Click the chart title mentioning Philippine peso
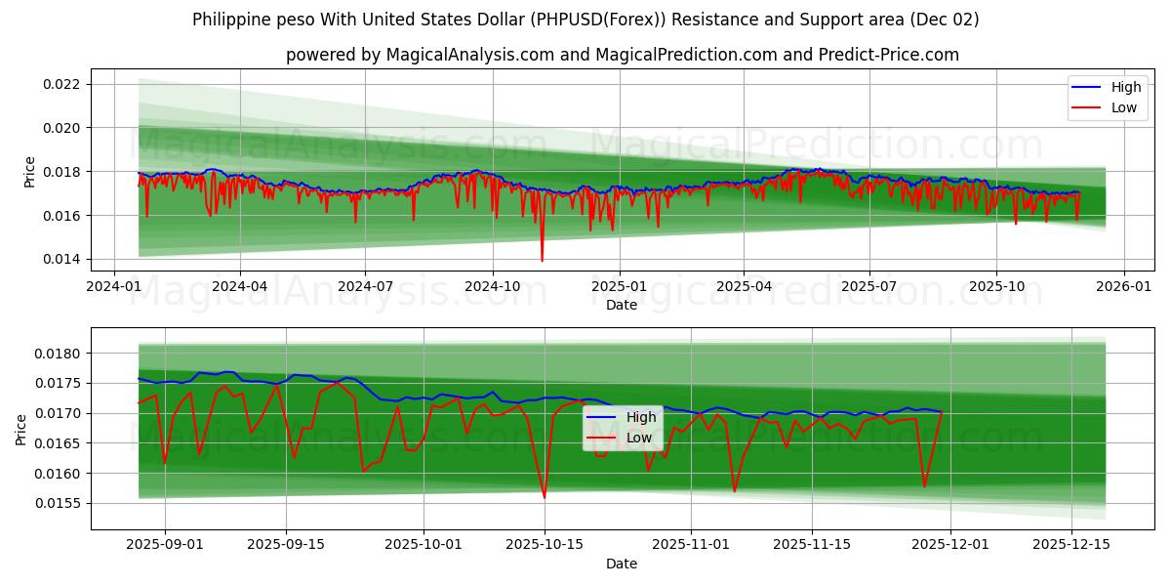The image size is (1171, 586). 585,20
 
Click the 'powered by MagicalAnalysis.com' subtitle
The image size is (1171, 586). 622,55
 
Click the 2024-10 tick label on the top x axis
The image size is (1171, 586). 491,287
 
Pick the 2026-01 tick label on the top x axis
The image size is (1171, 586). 1123,287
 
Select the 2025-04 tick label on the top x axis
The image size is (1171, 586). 744,287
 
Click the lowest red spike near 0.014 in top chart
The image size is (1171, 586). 542,261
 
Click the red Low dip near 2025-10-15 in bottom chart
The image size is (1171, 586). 545,497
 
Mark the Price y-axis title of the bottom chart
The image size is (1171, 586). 21,430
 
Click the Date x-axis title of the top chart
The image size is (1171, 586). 622,305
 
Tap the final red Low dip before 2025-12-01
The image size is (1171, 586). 924,485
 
